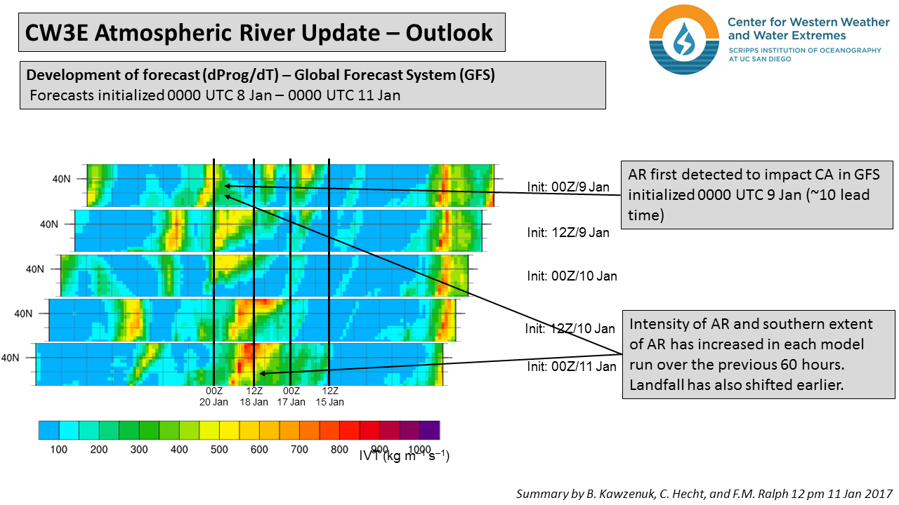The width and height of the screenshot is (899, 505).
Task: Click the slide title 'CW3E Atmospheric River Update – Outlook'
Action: [259, 32]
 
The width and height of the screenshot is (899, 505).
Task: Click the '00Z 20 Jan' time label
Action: [214, 396]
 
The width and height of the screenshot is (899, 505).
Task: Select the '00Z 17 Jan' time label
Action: [291, 396]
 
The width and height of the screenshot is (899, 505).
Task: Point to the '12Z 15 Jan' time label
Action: [329, 396]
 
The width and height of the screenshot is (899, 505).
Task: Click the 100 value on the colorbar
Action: [58, 449]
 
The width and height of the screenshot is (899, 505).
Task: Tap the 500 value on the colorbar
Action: [219, 449]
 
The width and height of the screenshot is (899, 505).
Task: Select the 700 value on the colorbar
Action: [300, 449]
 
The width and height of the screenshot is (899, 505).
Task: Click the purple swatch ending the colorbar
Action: [429, 430]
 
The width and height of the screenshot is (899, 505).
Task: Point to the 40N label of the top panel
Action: [61, 179]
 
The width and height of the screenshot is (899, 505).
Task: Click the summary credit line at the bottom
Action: [704, 494]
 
